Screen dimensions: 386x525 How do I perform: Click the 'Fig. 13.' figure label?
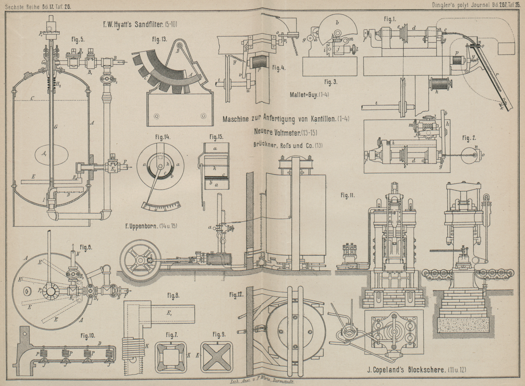[159, 39]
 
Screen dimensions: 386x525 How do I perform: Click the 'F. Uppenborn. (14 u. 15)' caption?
[151, 225]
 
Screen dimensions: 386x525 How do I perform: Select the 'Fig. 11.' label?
[348, 195]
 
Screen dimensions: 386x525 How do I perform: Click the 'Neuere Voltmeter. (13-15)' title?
[285, 132]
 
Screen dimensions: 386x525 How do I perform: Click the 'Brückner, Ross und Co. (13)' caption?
[288, 146]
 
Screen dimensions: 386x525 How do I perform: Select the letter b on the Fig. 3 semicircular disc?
[337, 23]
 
